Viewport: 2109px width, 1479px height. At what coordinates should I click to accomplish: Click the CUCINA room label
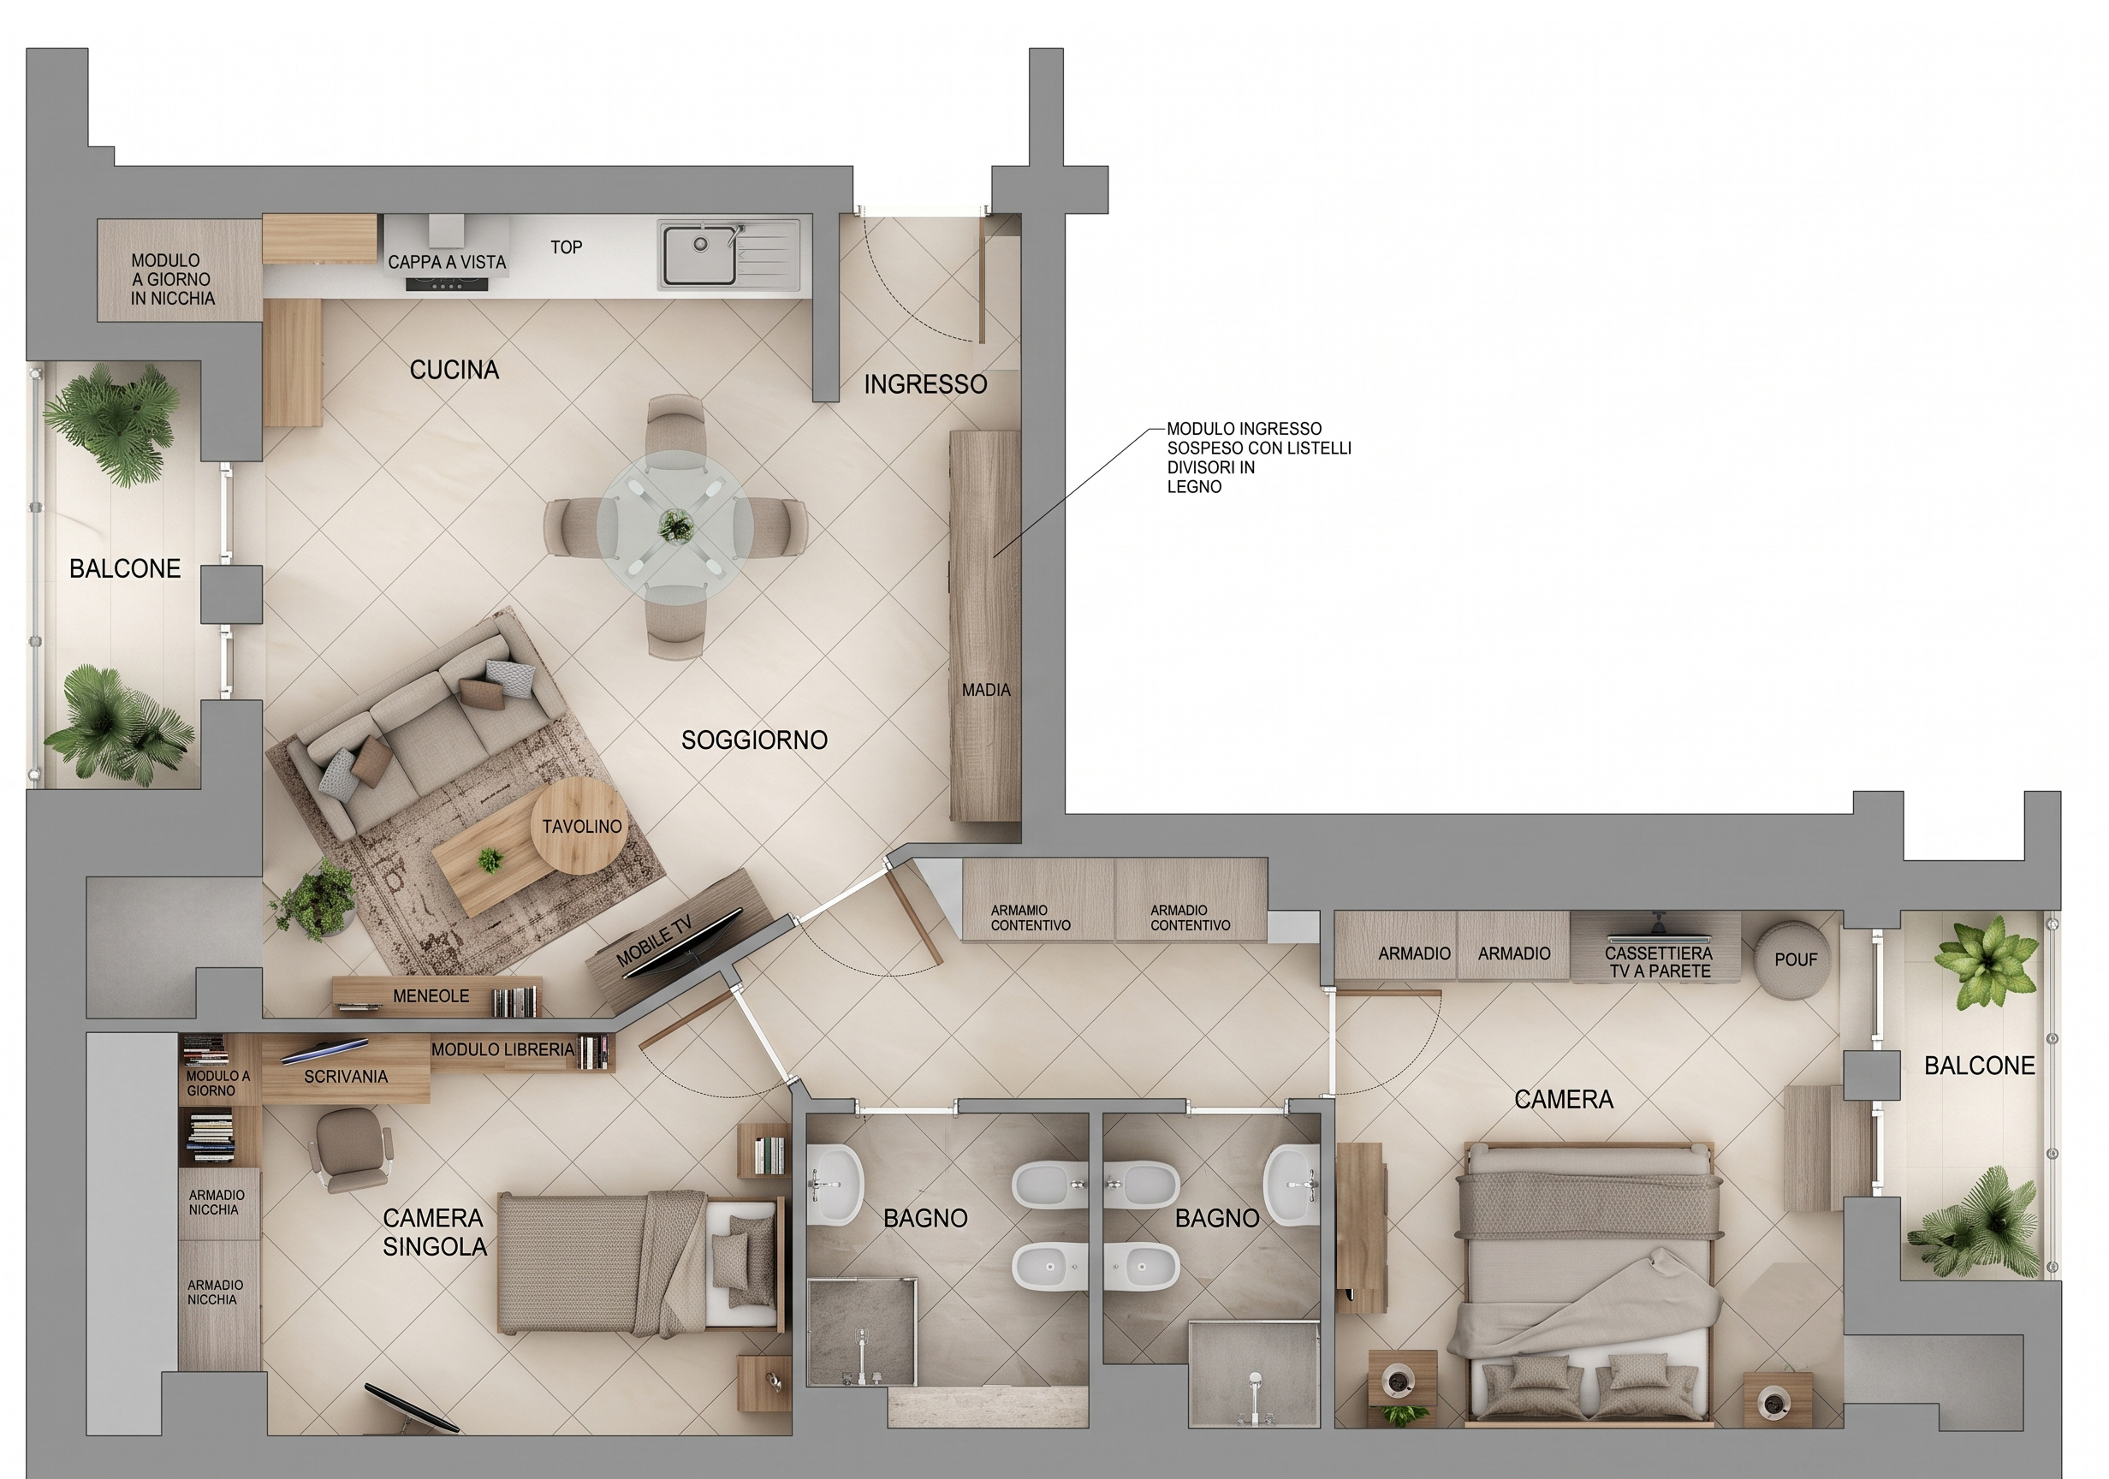[x=454, y=371]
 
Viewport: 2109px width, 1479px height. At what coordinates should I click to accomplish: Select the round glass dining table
[x=675, y=526]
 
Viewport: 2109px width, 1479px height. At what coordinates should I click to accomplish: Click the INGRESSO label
[x=925, y=384]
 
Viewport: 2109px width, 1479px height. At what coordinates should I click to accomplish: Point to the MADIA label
[x=986, y=690]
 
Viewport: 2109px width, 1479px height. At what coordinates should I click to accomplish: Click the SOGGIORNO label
[x=754, y=739]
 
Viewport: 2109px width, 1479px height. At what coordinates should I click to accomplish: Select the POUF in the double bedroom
[x=1795, y=959]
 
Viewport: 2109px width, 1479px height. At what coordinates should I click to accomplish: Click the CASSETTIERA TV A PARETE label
[x=1659, y=962]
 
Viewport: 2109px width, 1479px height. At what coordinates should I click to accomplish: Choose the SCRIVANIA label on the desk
[x=346, y=1076]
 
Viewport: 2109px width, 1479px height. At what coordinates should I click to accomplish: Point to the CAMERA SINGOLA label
[x=435, y=1232]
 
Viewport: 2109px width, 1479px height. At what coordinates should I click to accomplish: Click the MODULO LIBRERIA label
[x=502, y=1049]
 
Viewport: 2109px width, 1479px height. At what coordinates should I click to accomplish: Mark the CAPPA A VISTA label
[x=447, y=262]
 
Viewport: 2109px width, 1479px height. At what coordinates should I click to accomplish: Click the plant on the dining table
[x=676, y=526]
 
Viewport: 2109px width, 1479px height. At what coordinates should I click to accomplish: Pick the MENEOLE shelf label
[x=431, y=995]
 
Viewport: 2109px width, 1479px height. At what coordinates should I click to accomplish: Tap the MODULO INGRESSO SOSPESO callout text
[x=1258, y=457]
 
